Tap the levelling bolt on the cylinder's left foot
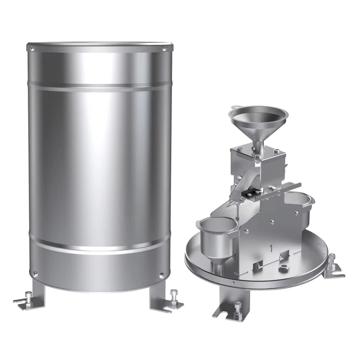[28, 296]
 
